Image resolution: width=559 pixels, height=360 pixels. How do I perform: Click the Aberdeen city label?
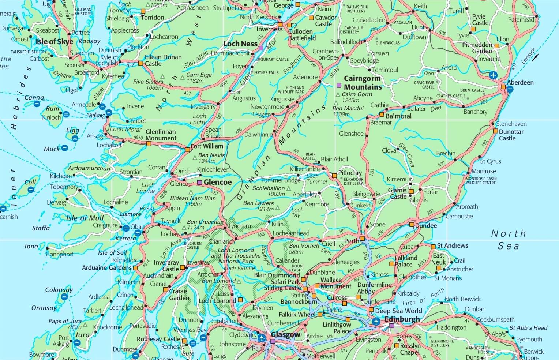pyautogui.click(x=520, y=83)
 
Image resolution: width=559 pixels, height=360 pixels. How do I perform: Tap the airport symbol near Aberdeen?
pyautogui.click(x=493, y=75)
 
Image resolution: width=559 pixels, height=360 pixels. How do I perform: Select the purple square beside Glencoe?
pyautogui.click(x=199, y=182)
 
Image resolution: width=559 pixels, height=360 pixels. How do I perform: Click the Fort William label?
pyautogui.click(x=207, y=146)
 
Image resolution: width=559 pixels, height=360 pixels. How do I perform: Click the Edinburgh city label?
pyautogui.click(x=402, y=319)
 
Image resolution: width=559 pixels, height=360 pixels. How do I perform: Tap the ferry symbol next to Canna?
pyautogui.click(x=37, y=104)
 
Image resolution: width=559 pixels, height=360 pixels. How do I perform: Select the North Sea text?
pyautogui.click(x=508, y=239)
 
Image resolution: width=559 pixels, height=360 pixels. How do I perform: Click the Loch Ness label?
pyautogui.click(x=240, y=44)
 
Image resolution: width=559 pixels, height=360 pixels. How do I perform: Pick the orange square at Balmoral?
pyautogui.click(x=381, y=115)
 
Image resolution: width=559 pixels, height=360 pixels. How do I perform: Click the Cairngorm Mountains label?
pyautogui.click(x=363, y=83)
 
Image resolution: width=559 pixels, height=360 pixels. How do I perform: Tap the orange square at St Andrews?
pyautogui.click(x=433, y=246)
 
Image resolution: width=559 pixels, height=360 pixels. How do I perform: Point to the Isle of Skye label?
pyautogui.click(x=54, y=42)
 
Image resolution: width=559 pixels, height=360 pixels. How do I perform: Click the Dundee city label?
pyautogui.click(x=426, y=226)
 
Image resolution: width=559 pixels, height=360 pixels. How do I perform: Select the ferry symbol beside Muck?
pyautogui.click(x=64, y=148)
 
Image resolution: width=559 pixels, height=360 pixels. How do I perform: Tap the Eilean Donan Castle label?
pyautogui.click(x=163, y=60)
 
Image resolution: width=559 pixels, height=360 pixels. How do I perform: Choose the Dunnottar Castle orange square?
pyautogui.click(x=495, y=131)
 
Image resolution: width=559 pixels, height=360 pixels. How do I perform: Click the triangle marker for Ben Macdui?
pyautogui.click(x=336, y=103)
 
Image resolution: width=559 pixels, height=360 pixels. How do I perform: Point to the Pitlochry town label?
pyautogui.click(x=350, y=173)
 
